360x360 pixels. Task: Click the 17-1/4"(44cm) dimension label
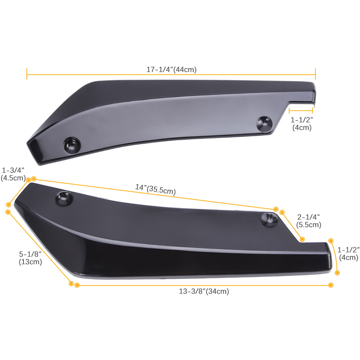click(171, 69)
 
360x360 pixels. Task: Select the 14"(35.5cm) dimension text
click(156, 189)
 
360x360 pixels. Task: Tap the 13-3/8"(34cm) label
click(204, 292)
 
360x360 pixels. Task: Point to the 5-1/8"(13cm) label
click(30, 258)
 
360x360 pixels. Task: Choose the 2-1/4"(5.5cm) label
click(309, 221)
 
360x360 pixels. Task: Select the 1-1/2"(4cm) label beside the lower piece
click(348, 253)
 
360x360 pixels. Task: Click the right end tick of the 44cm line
click(315, 75)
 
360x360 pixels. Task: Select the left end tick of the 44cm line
click(27, 75)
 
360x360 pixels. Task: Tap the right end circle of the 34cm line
click(331, 285)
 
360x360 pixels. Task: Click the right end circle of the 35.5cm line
click(276, 209)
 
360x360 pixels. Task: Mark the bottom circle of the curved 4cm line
click(337, 273)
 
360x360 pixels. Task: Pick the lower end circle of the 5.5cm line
click(302, 239)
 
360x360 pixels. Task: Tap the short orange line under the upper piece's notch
click(301, 112)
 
